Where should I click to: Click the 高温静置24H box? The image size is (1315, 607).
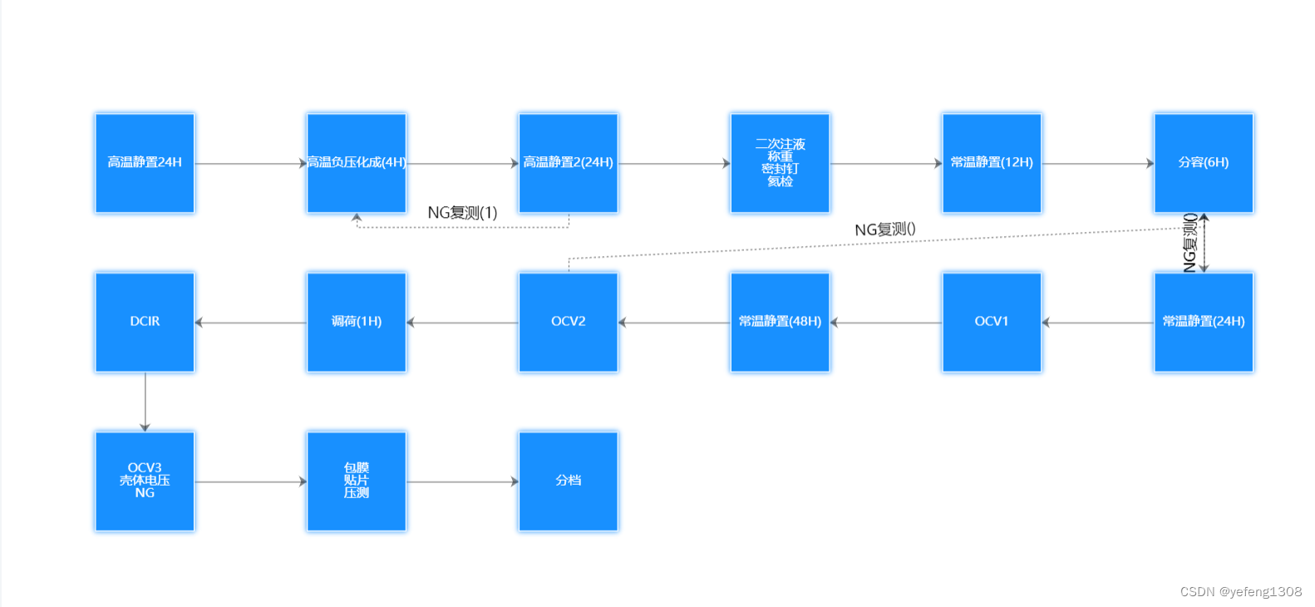(x=145, y=163)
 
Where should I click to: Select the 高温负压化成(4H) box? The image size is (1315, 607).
(x=357, y=163)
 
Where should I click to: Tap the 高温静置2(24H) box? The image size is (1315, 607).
(x=569, y=163)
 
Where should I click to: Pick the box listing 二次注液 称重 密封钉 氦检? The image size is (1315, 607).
(x=780, y=163)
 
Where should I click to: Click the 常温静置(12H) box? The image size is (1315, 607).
(x=992, y=163)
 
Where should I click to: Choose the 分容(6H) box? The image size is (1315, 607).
(x=1204, y=163)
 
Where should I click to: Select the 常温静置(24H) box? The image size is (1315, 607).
(x=1204, y=322)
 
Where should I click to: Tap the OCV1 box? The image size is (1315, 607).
(x=992, y=322)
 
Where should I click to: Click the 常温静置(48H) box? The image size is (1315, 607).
(x=780, y=322)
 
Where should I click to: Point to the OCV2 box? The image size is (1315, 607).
(x=569, y=322)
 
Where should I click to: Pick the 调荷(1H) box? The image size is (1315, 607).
(x=357, y=322)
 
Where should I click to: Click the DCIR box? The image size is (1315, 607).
(x=145, y=322)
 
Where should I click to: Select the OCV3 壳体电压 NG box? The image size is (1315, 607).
(x=145, y=481)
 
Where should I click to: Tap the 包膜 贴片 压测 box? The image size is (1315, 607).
(x=357, y=481)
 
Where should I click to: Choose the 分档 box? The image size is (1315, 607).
(x=569, y=481)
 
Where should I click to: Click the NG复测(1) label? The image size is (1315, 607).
(x=462, y=213)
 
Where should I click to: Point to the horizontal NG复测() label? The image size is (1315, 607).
(x=885, y=229)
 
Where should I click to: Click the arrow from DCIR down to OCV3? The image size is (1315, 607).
(x=145, y=402)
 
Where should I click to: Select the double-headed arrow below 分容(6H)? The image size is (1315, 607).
(x=1204, y=243)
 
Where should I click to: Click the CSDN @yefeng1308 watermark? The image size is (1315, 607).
(x=1240, y=591)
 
